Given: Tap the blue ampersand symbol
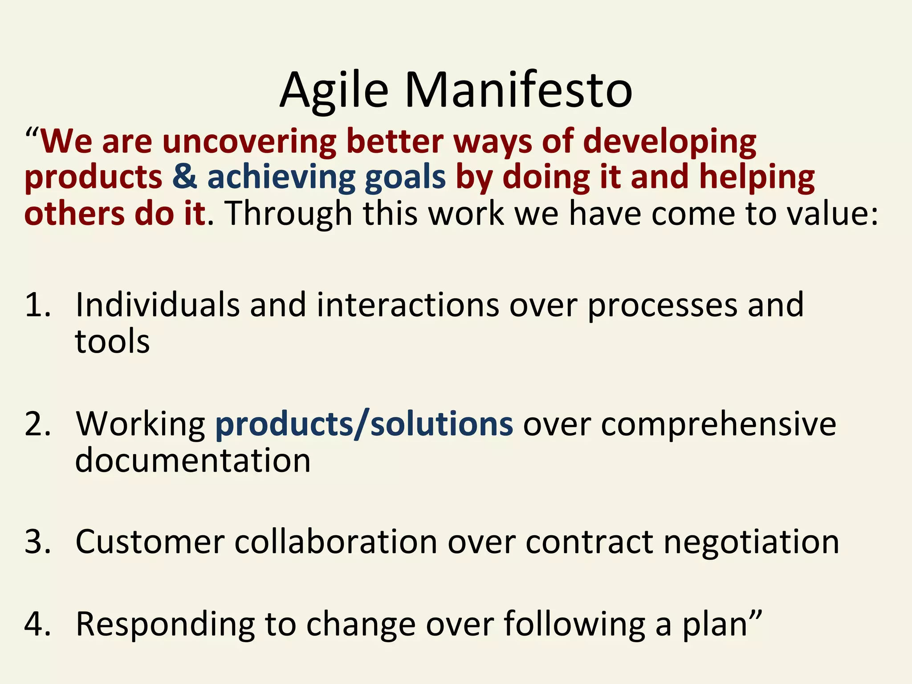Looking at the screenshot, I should point(184,176).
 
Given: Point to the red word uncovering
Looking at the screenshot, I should point(249,142).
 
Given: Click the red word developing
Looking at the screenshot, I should point(669,142).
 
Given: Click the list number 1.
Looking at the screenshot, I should point(37,305).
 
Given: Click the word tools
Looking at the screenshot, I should point(112,342).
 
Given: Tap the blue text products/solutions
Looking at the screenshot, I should point(364,423).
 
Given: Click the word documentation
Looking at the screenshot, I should point(192,460).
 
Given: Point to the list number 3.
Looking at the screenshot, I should point(37,542).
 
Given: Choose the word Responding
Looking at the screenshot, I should point(165,625).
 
